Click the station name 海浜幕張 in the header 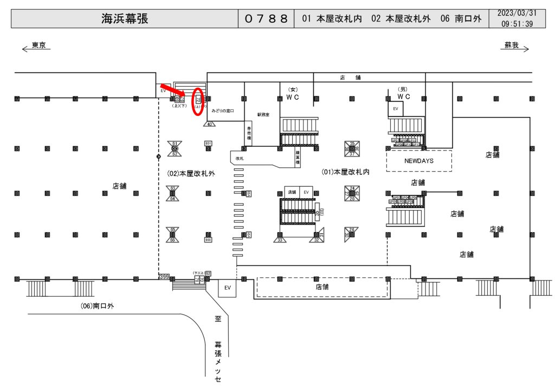(x=125, y=19)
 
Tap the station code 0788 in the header (x=266, y=19)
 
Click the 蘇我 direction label (x=512, y=45)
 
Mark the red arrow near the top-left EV (x=172, y=91)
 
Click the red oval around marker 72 (x=198, y=101)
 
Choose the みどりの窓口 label (x=222, y=110)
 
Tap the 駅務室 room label (x=263, y=115)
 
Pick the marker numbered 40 (x=210, y=125)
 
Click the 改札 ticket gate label (x=240, y=159)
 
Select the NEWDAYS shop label (x=419, y=161)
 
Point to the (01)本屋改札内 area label (x=345, y=172)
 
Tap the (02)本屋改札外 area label (x=191, y=173)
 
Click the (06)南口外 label (x=98, y=306)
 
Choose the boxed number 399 (x=164, y=277)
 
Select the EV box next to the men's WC (x=396, y=109)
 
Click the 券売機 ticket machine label (x=249, y=132)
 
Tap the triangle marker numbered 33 (x=280, y=239)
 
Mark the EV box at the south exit (x=228, y=288)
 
